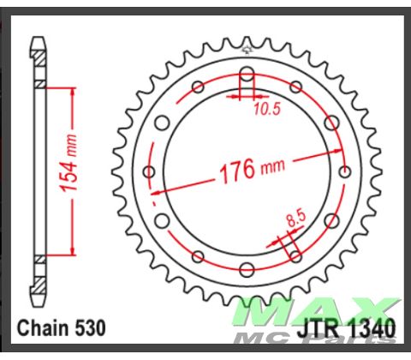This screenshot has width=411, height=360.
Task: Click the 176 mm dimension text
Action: coord(249,170)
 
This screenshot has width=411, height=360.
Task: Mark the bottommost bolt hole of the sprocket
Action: coord(247,270)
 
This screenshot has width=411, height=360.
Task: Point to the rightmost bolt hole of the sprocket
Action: coord(345,171)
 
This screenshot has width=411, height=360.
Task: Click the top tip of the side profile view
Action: coord(39,39)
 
